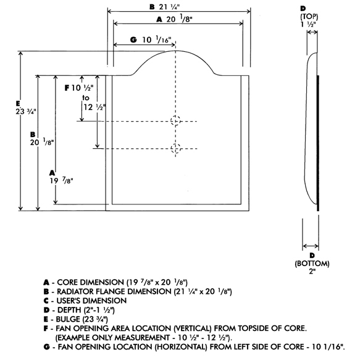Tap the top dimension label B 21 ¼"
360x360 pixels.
164,7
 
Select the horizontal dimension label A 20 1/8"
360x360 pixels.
174,19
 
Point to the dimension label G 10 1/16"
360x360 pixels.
151,40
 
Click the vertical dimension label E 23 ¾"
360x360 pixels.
26,107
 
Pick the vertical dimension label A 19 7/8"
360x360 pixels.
61,177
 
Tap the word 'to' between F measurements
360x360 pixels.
86,98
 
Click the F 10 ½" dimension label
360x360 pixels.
79,88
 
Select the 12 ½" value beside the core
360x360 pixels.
94,107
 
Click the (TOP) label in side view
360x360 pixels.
309,17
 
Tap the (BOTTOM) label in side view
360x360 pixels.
312,263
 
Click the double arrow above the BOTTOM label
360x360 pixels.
311,246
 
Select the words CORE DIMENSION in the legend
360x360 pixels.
90,282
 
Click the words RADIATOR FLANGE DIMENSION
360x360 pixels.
114,291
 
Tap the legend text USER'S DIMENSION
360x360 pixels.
91,301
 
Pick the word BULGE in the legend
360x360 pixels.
68,319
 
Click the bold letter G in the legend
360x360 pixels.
46,346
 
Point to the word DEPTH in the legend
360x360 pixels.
69,310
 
